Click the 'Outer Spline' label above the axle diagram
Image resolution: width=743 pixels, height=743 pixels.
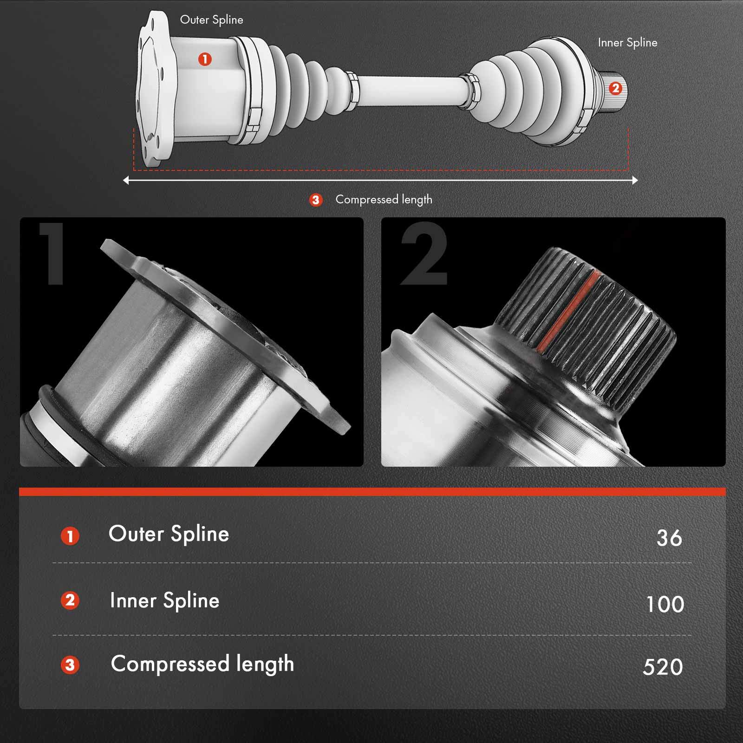(211, 20)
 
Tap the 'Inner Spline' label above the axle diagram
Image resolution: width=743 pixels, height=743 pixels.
(627, 43)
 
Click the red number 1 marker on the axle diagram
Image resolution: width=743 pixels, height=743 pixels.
(205, 59)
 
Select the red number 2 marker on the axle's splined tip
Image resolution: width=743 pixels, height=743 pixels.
(615, 88)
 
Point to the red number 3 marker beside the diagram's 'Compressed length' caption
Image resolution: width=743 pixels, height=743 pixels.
(316, 200)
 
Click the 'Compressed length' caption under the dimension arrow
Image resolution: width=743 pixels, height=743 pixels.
(384, 200)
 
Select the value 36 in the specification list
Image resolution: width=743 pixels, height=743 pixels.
(669, 538)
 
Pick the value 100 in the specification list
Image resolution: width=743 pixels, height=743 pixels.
(665, 604)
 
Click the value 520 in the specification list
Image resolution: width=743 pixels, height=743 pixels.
(663, 667)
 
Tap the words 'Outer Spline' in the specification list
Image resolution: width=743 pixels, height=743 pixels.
(169, 534)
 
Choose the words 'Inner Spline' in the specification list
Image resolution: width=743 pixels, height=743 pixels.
(164, 600)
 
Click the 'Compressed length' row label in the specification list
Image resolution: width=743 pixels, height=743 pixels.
(202, 664)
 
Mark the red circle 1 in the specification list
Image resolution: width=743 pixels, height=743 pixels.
(70, 536)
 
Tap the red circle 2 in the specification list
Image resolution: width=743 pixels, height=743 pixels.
(70, 600)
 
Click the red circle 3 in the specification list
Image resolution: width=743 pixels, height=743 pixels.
(70, 665)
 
